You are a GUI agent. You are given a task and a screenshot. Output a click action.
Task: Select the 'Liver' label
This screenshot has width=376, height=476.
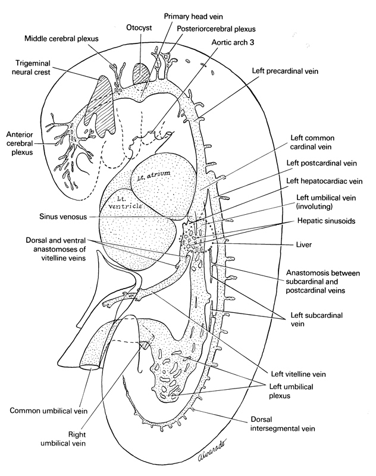click(296, 244)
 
